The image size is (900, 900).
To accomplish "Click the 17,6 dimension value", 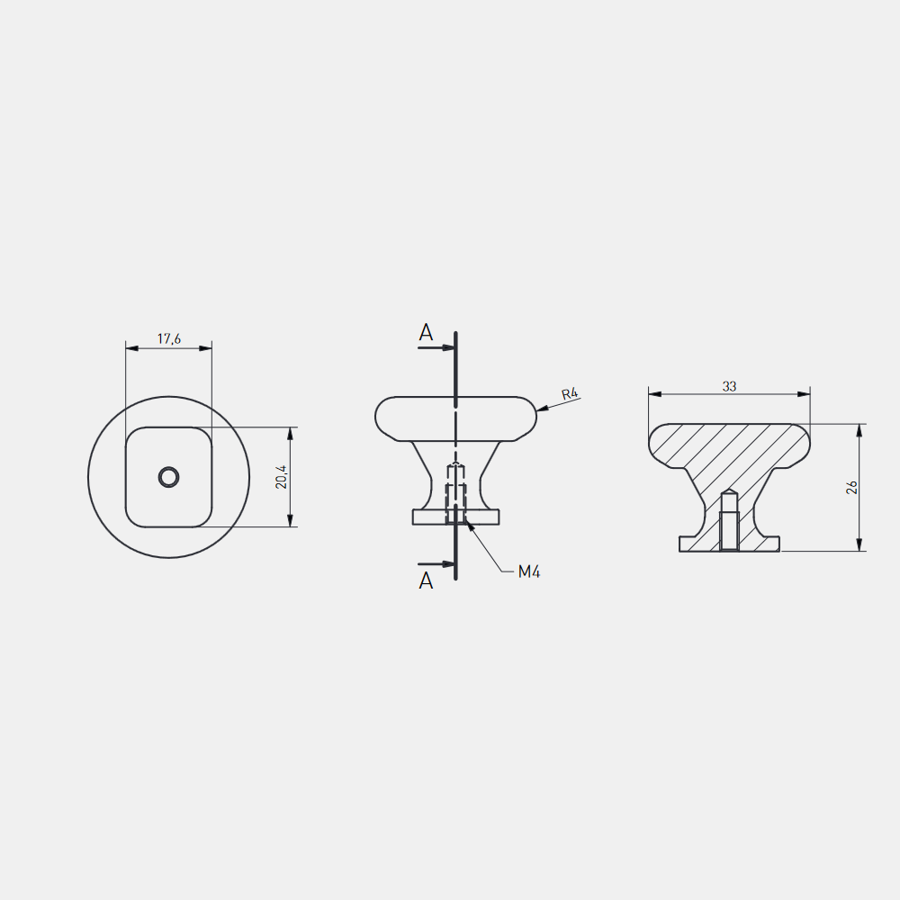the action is (169, 338).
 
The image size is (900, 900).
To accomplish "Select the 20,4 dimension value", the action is (281, 477).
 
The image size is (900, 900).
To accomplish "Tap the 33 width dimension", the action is (729, 386).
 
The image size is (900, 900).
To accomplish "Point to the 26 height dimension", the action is (851, 487).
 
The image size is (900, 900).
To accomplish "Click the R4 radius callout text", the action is (570, 394).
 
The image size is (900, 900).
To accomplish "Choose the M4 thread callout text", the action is (528, 571).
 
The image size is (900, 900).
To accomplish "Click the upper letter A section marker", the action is (426, 332).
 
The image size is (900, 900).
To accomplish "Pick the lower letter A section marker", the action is (426, 580).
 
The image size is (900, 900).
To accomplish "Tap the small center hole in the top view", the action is (169, 477).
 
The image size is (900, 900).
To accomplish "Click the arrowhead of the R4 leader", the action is (543, 409).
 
